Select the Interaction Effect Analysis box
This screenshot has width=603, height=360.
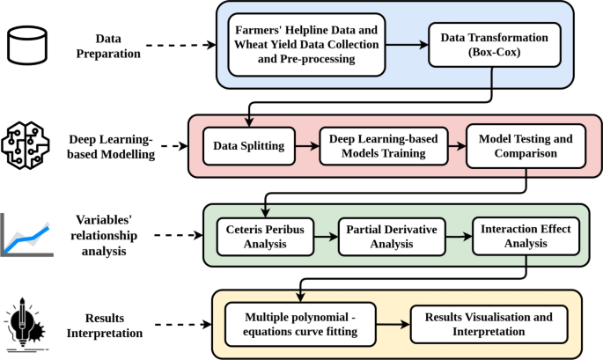(x=526, y=236)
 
